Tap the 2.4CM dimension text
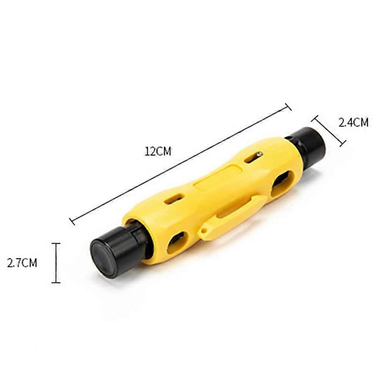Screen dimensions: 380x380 353,122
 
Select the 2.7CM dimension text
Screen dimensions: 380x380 22,263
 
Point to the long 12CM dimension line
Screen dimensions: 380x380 180,164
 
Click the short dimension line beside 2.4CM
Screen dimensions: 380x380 328,131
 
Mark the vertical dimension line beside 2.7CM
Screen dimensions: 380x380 56,263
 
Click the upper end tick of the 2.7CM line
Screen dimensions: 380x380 56,243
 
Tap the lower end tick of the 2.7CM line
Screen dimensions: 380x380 56,283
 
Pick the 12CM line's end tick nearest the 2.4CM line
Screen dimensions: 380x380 288,107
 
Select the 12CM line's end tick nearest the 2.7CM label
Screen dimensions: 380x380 72,221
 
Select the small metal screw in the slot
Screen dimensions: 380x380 259,154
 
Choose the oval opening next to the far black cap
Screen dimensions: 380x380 282,182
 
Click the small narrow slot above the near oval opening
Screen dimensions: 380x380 174,199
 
